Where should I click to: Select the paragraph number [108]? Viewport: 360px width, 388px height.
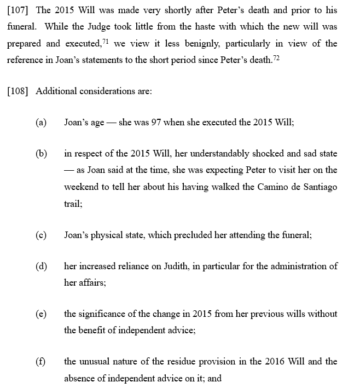pyautogui.click(x=18, y=91)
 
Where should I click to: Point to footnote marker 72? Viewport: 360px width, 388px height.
pyautogui.click(x=276, y=57)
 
